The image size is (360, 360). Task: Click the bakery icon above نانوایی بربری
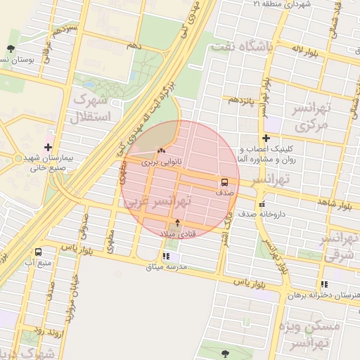pos(161,150)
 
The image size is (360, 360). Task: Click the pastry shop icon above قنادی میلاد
pos(177,222)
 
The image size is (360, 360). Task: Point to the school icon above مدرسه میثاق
pos(166,257)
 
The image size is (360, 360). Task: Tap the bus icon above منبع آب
pos(37,251)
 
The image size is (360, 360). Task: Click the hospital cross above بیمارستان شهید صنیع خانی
pos(48,148)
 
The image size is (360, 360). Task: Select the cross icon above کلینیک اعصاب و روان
pos(266,139)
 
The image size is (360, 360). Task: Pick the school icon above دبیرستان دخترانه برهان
pos(323,284)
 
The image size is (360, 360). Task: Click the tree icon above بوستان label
pos(10,49)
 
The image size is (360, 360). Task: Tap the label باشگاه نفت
pos(245,46)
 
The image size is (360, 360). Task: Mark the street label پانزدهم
pos(240,100)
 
